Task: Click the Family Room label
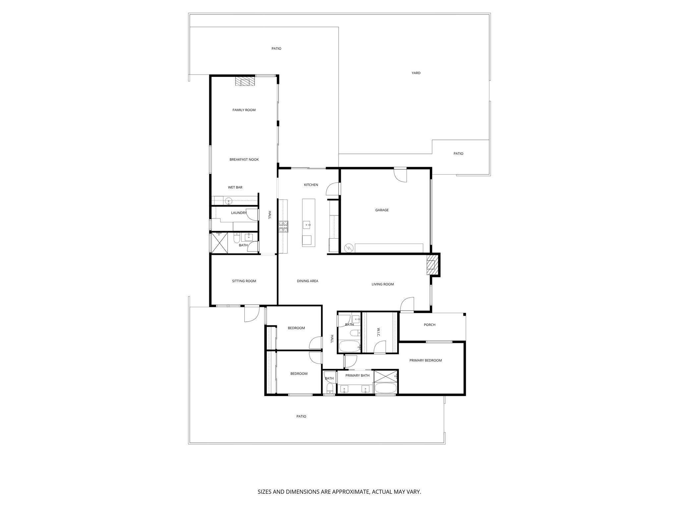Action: [244, 110]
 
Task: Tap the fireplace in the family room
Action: [245, 82]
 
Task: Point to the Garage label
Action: [382, 210]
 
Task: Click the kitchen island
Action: [308, 222]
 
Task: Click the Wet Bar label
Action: [235, 188]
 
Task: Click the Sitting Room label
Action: [244, 281]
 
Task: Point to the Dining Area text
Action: [307, 281]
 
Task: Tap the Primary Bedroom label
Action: [425, 361]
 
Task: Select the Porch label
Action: [429, 325]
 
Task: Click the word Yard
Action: [416, 73]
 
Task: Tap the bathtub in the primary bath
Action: [385, 388]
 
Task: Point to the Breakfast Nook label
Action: [244, 160]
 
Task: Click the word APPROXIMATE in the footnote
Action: [350, 492]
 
